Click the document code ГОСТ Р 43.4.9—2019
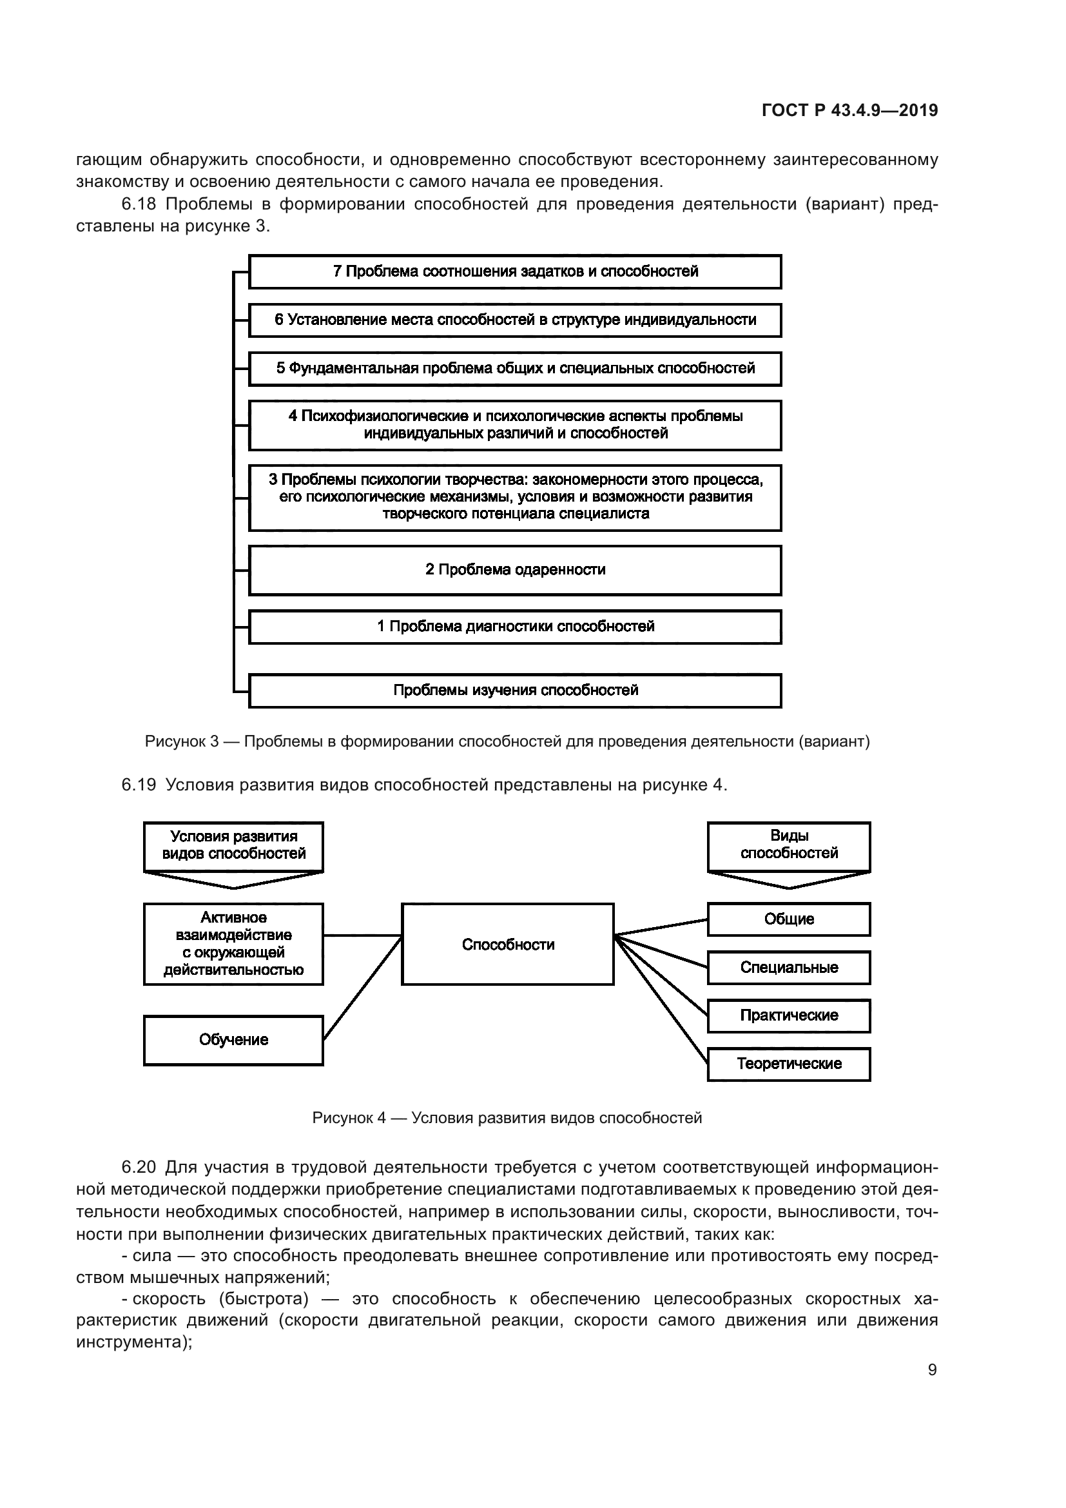coord(849,110)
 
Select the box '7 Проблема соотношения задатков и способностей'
coord(516,271)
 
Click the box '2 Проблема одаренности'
coord(516,569)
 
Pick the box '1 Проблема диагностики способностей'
coord(516,627)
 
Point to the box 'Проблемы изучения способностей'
coord(516,690)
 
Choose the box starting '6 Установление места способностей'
coord(516,320)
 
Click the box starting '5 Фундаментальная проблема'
coord(516,369)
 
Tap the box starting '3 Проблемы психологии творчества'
coord(516,497)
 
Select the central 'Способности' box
coord(508,945)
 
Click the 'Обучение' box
coord(234,1040)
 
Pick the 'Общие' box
coord(789,919)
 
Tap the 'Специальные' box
coord(789,968)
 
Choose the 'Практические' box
coord(789,1015)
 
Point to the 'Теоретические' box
coord(789,1063)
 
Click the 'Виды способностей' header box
coord(789,845)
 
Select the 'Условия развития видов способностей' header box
coord(234,846)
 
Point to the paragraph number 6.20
coord(139,1167)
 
